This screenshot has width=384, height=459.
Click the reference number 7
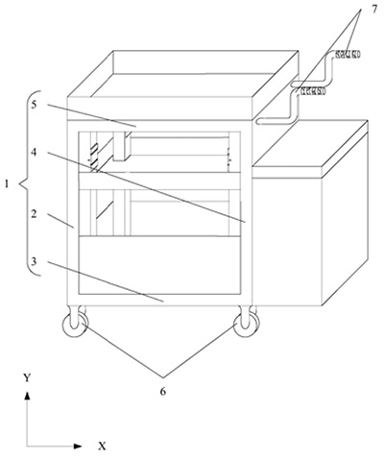(374, 10)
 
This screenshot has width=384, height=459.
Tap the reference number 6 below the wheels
(163, 392)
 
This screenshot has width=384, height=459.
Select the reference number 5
(35, 105)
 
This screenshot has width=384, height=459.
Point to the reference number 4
(34, 152)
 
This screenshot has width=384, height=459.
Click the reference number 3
(35, 261)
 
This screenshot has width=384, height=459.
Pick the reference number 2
(34, 214)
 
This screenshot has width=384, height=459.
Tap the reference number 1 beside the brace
(7, 184)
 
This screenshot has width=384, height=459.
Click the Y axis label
(27, 378)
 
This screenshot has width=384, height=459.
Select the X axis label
(102, 446)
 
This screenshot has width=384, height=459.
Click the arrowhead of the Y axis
(28, 396)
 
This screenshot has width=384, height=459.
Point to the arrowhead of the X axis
(78, 446)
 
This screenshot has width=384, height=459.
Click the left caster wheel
(75, 324)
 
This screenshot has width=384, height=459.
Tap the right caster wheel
(246, 324)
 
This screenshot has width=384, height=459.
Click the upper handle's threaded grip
(348, 55)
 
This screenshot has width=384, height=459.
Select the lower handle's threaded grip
(313, 91)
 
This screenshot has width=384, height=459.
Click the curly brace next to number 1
(27, 182)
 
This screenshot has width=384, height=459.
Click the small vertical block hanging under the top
(121, 146)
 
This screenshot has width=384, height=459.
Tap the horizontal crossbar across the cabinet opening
(159, 181)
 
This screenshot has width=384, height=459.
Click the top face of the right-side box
(310, 143)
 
